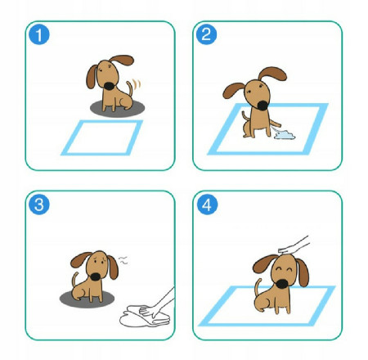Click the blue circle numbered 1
[x=39, y=34]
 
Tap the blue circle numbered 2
[x=206, y=34]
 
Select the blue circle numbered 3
[x=39, y=205]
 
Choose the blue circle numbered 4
[x=207, y=205]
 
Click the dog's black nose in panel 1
[x=110, y=86]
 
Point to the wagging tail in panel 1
[x=130, y=88]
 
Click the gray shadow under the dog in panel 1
[x=117, y=108]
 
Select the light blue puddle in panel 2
[x=285, y=135]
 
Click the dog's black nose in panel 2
[x=263, y=106]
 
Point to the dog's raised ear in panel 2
[x=272, y=74]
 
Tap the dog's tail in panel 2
[x=245, y=116]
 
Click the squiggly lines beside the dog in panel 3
[x=123, y=260]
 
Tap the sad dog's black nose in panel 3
[x=96, y=277]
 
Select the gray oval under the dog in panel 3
[x=87, y=299]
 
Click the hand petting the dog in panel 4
[x=294, y=245]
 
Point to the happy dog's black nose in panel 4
[x=282, y=284]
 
